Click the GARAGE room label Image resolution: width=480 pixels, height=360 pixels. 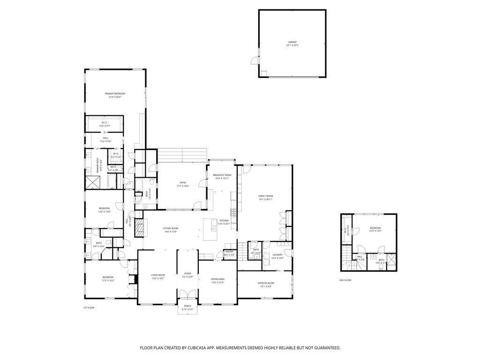point(292,42)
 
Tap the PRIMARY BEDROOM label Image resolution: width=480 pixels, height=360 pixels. point(115,94)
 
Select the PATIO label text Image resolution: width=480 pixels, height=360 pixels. point(183,182)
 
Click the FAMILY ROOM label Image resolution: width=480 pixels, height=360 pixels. point(265,196)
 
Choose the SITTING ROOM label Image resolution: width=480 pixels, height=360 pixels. point(171,228)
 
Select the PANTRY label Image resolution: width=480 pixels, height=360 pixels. point(229,252)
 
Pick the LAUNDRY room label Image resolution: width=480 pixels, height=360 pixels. point(277,255)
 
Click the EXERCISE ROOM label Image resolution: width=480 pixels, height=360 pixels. point(265,283)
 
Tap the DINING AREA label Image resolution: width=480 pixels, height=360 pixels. point(218,279)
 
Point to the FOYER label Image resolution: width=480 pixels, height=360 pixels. point(187,273)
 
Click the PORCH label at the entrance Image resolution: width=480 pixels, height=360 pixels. point(187,306)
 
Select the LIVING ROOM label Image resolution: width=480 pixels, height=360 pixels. point(158,275)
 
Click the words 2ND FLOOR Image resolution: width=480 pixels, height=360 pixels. point(345,280)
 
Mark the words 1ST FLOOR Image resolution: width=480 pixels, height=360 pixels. point(89,307)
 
